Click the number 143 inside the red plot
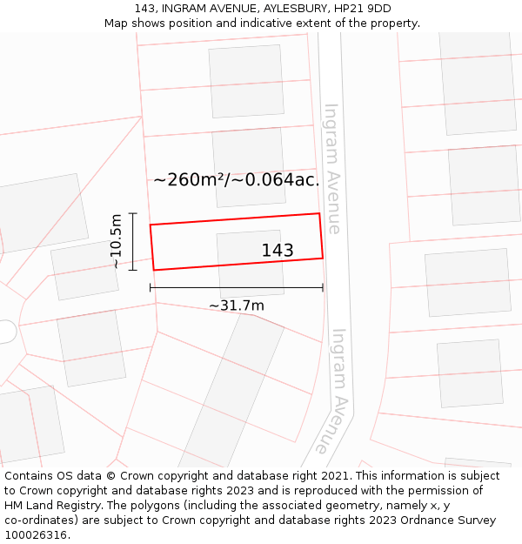(x=278, y=251)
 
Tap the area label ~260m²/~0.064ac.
(x=237, y=180)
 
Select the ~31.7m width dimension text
(x=236, y=306)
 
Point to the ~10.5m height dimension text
(x=116, y=241)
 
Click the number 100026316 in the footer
(x=36, y=535)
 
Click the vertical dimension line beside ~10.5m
(x=133, y=241)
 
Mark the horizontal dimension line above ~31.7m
(x=236, y=287)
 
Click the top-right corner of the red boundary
(x=319, y=213)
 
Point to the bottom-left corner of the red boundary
(x=154, y=270)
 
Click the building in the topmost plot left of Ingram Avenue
(x=246, y=80)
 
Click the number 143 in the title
(x=145, y=9)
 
